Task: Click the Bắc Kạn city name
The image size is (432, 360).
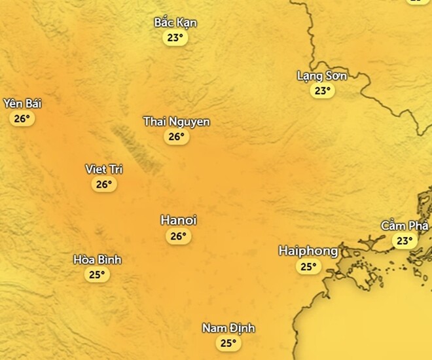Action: click(x=175, y=23)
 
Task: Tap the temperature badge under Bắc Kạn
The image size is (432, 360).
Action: click(x=175, y=38)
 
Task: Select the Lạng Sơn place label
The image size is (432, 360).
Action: click(x=321, y=76)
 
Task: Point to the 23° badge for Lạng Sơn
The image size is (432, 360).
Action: click(x=322, y=91)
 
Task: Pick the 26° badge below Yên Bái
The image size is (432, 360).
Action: click(x=22, y=118)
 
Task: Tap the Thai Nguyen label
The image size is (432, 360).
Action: click(x=177, y=122)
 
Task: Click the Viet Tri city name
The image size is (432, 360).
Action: click(x=104, y=170)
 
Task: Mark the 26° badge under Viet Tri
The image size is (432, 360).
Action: click(x=104, y=185)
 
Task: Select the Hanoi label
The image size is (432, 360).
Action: click(x=179, y=221)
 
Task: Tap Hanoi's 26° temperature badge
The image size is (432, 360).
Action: click(x=179, y=236)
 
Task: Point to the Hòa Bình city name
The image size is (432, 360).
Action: click(x=98, y=260)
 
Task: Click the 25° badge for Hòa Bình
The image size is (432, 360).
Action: click(x=98, y=275)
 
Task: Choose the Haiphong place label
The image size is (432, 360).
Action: click(x=308, y=251)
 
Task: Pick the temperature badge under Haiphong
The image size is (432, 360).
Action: click(x=308, y=266)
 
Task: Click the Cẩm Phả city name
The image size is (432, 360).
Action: click(x=405, y=226)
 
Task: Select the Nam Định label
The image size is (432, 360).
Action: click(x=228, y=328)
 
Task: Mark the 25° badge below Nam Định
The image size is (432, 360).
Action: click(x=228, y=343)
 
